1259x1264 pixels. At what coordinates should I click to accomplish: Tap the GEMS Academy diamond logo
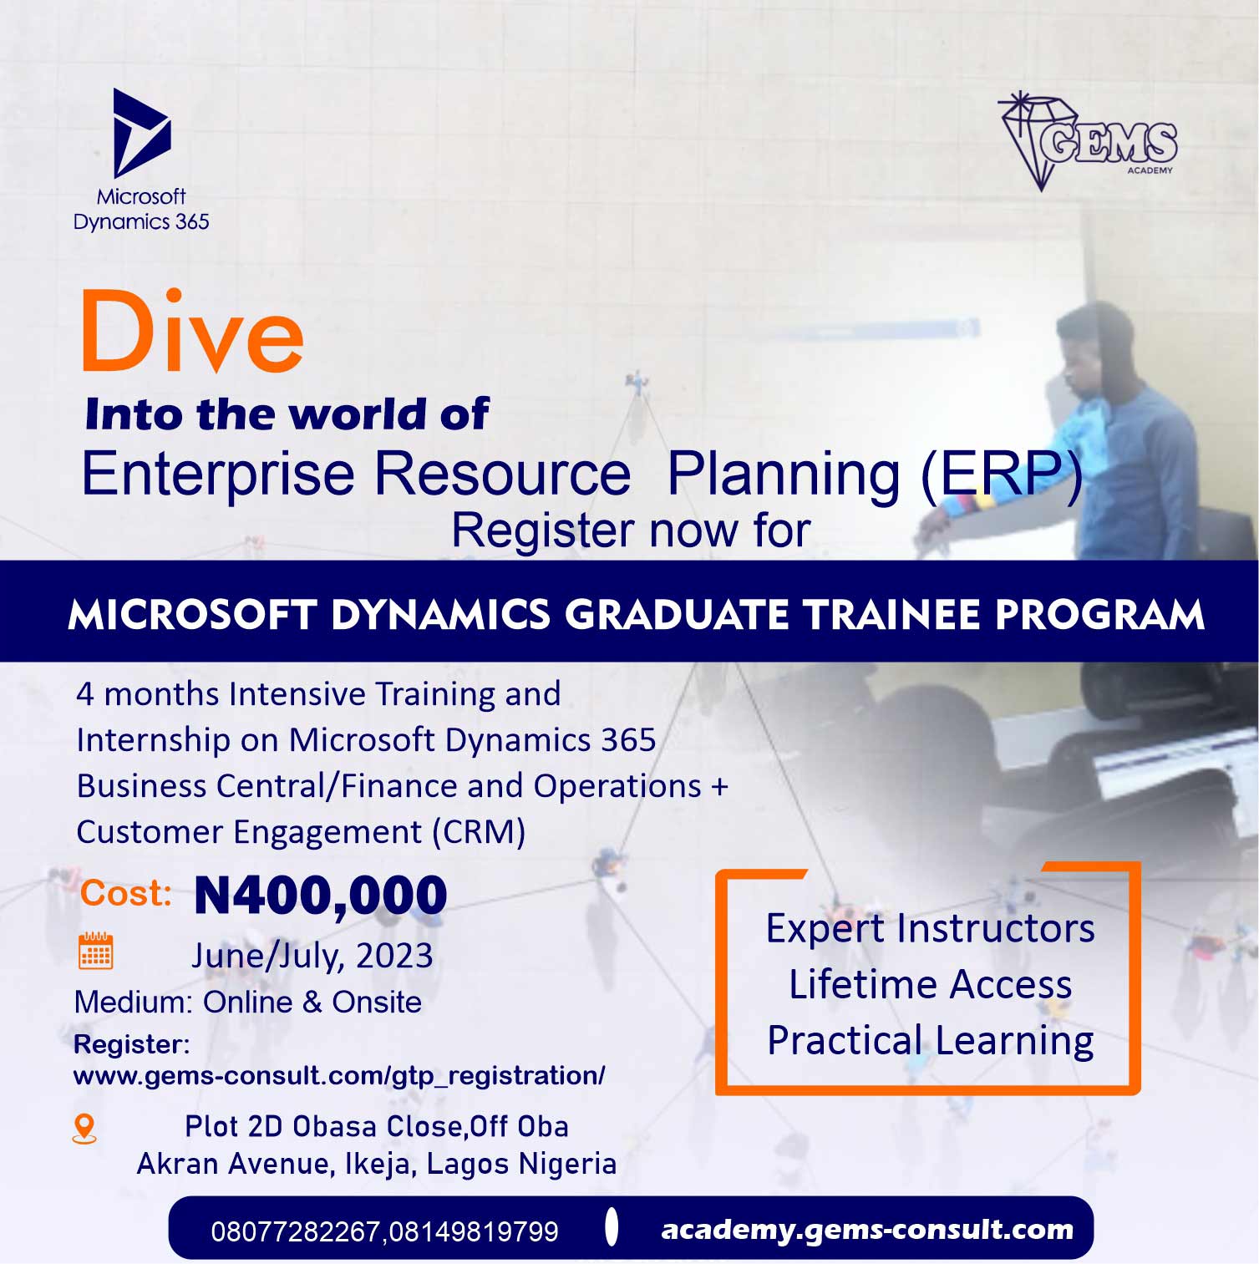pyautogui.click(x=1088, y=140)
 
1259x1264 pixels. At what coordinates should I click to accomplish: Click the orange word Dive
pyautogui.click(x=192, y=332)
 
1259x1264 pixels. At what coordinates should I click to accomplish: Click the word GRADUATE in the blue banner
pyautogui.click(x=676, y=615)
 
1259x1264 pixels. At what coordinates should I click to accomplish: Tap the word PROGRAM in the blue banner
pyautogui.click(x=1099, y=615)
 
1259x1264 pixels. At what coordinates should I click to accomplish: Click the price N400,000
pyautogui.click(x=321, y=895)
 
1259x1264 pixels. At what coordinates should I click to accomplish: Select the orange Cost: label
pyautogui.click(x=126, y=893)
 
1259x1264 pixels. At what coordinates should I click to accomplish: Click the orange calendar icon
pyautogui.click(x=95, y=951)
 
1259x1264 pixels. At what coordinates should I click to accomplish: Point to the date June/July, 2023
pyautogui.click(x=312, y=956)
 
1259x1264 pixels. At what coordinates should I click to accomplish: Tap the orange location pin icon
pyautogui.click(x=84, y=1129)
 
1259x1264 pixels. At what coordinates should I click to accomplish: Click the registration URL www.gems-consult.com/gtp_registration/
pyautogui.click(x=339, y=1075)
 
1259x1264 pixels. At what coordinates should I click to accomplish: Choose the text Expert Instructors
pyautogui.click(x=930, y=928)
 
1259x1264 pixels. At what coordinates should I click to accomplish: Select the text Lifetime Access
pyautogui.click(x=930, y=984)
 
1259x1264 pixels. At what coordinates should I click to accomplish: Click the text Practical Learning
pyautogui.click(x=930, y=1041)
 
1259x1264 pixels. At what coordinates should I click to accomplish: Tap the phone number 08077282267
pyautogui.click(x=297, y=1231)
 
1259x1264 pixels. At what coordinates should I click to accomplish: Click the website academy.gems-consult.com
pyautogui.click(x=867, y=1229)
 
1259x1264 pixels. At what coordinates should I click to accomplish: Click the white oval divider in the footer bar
pyautogui.click(x=612, y=1226)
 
